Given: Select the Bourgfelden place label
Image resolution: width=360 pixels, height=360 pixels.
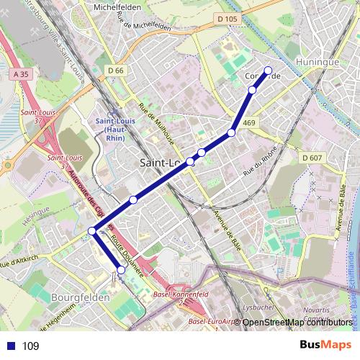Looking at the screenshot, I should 81,297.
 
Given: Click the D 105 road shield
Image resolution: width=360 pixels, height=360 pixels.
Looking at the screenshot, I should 226,19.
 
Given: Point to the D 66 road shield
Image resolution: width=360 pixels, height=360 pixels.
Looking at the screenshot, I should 115,70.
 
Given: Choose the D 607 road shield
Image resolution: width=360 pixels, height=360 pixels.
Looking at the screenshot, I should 312,158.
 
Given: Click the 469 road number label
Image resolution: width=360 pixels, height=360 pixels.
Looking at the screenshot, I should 249,124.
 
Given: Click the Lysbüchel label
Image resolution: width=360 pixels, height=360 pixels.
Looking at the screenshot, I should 257,306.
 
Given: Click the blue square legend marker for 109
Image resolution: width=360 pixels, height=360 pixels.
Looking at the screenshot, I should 11,346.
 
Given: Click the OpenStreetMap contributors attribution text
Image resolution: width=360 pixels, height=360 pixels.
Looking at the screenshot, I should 296,322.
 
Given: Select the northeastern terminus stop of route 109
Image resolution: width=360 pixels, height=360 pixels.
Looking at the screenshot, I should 269,71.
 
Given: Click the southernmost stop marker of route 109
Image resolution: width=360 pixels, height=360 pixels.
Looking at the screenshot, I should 121,270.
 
